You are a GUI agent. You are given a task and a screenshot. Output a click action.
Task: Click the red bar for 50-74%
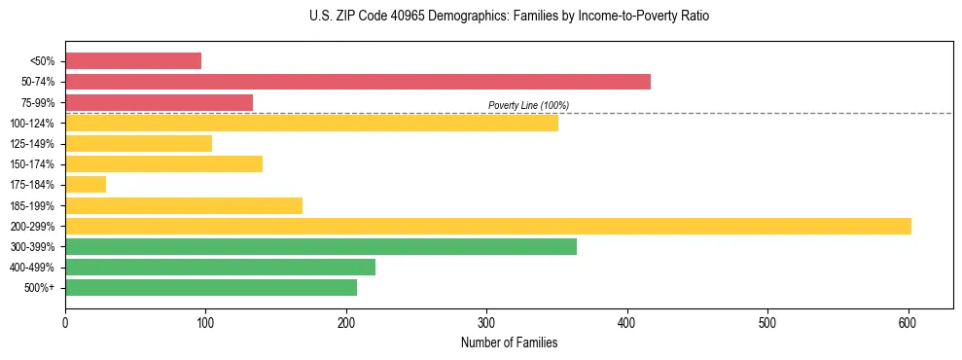[357, 82]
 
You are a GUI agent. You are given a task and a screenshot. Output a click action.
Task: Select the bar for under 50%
[133, 61]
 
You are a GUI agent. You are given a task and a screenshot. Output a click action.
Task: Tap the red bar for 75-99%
[159, 102]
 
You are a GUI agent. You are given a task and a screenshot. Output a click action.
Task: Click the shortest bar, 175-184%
[86, 185]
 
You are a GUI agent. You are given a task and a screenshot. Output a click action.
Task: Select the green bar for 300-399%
[320, 246]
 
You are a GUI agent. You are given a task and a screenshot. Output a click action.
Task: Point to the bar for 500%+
[211, 287]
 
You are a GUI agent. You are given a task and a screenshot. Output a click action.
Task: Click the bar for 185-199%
[184, 205]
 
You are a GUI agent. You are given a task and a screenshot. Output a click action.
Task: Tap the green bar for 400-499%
[220, 267]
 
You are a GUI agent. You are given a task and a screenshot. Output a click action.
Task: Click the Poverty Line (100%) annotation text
[528, 105]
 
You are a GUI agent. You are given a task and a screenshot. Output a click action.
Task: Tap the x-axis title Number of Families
[509, 342]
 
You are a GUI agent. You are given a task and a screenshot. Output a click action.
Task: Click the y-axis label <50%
[44, 61]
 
